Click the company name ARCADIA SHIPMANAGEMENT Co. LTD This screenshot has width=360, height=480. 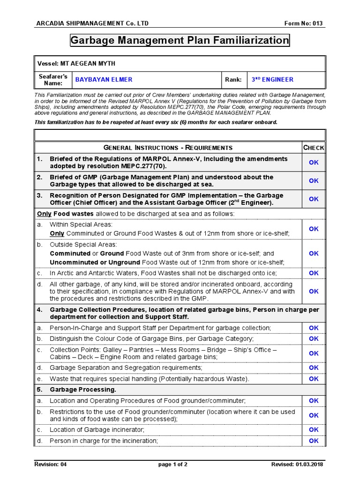coord(92,24)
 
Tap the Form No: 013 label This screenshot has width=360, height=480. coord(304,24)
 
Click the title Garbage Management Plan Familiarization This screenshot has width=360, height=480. coord(180,41)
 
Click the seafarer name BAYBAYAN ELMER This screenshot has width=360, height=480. coord(104,80)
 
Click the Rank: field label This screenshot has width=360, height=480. coord(233,80)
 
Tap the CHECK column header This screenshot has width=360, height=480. coord(314,148)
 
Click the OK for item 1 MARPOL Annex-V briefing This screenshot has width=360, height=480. coord(314,162)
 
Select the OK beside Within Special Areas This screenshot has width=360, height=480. coord(314,229)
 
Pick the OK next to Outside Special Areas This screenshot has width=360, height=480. coord(314,253)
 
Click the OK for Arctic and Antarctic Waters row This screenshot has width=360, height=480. coord(314,273)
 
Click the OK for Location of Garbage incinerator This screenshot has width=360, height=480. coord(314,429)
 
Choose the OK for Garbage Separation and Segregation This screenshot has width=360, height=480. coord(314,367)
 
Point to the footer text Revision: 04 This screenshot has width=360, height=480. coord(51,465)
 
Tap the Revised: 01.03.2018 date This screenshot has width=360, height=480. coord(297,465)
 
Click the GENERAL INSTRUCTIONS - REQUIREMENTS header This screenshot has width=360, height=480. coord(168,148)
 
